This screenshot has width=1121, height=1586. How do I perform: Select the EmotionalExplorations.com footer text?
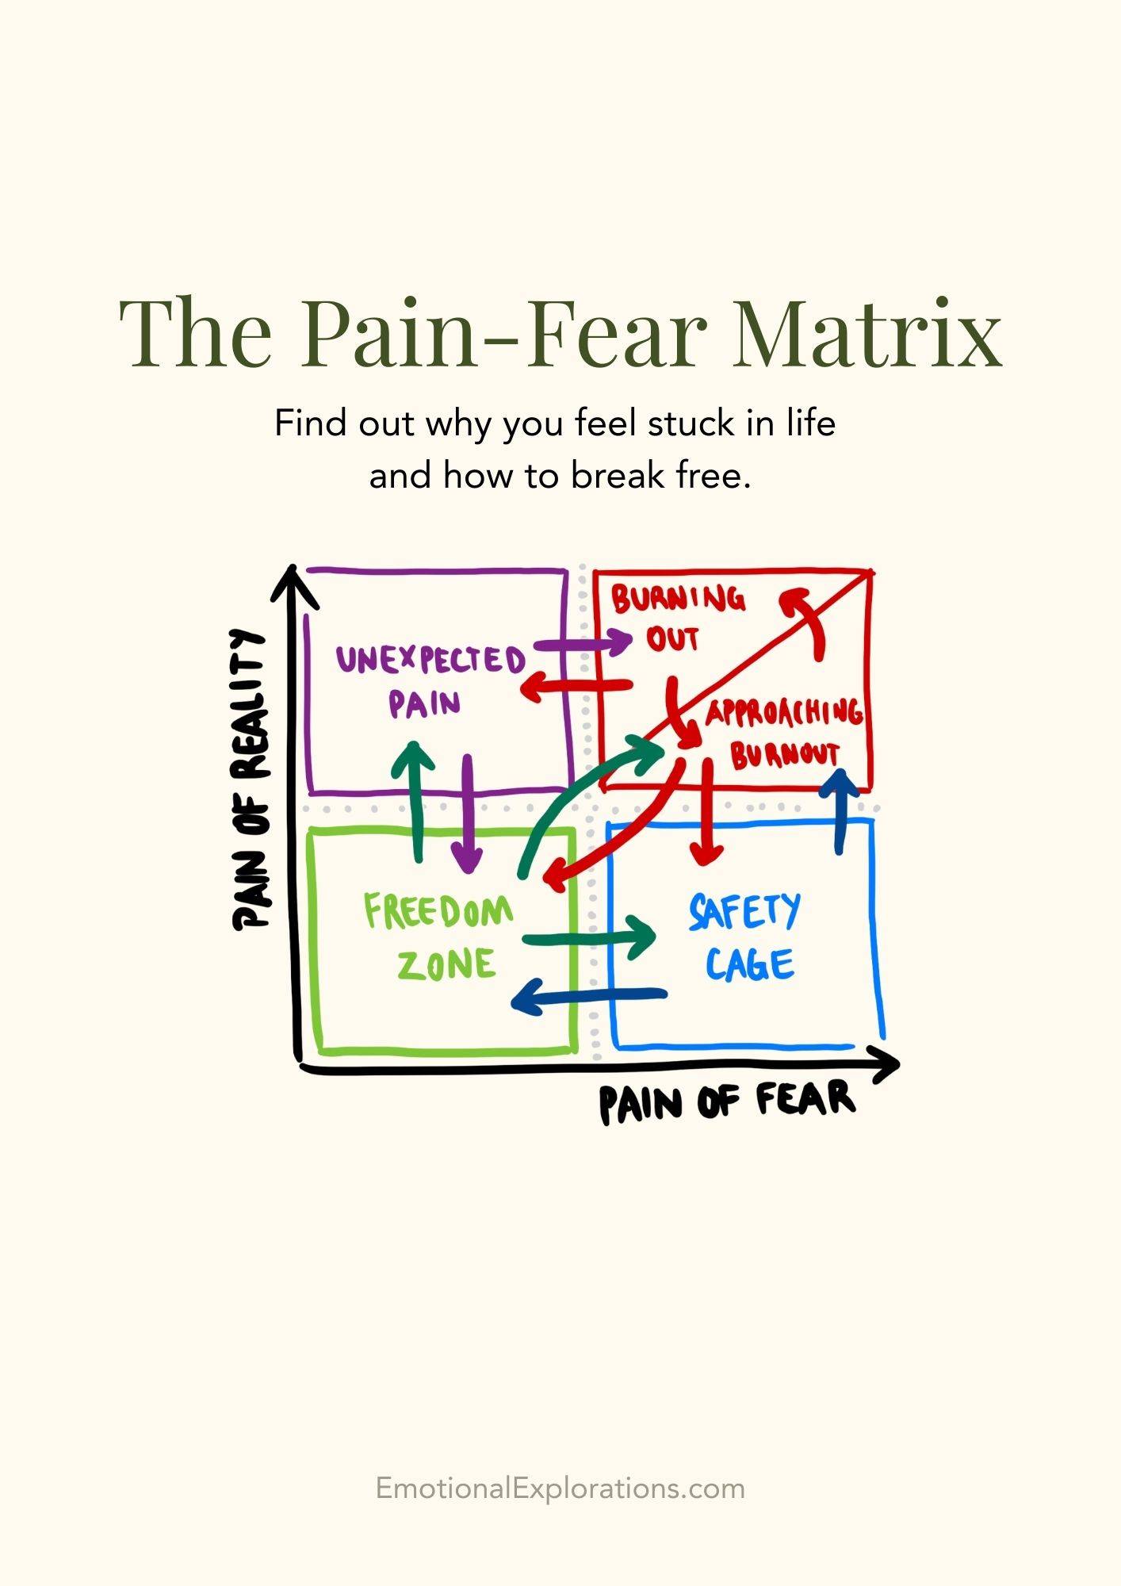pyautogui.click(x=560, y=1488)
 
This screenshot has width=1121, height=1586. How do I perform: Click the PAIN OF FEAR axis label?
pyautogui.click(x=726, y=1101)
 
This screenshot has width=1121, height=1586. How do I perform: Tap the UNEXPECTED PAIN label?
pyautogui.click(x=430, y=680)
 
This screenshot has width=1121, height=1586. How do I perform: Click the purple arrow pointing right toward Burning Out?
pyautogui.click(x=583, y=642)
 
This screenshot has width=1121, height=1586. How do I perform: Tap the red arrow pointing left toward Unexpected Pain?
pyautogui.click(x=577, y=687)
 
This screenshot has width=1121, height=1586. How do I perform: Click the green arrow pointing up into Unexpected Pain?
pyautogui.click(x=415, y=801)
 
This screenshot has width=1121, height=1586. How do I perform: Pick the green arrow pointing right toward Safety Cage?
pyautogui.click(x=589, y=938)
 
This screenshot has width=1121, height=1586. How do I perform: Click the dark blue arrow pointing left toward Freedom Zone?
pyautogui.click(x=589, y=995)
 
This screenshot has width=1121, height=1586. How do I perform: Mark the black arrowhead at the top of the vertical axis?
pyautogui.click(x=294, y=585)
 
